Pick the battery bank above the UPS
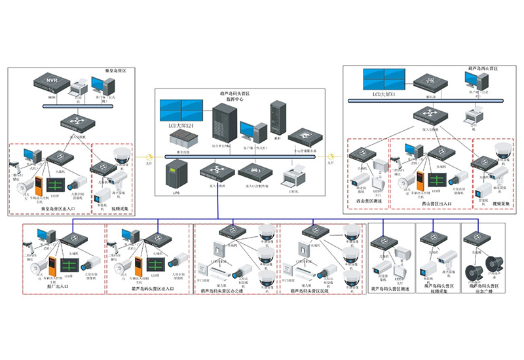(x=179, y=139)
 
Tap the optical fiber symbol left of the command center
(x=149, y=157)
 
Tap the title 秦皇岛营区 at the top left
(x=118, y=69)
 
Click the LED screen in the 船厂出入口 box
(x=70, y=263)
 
